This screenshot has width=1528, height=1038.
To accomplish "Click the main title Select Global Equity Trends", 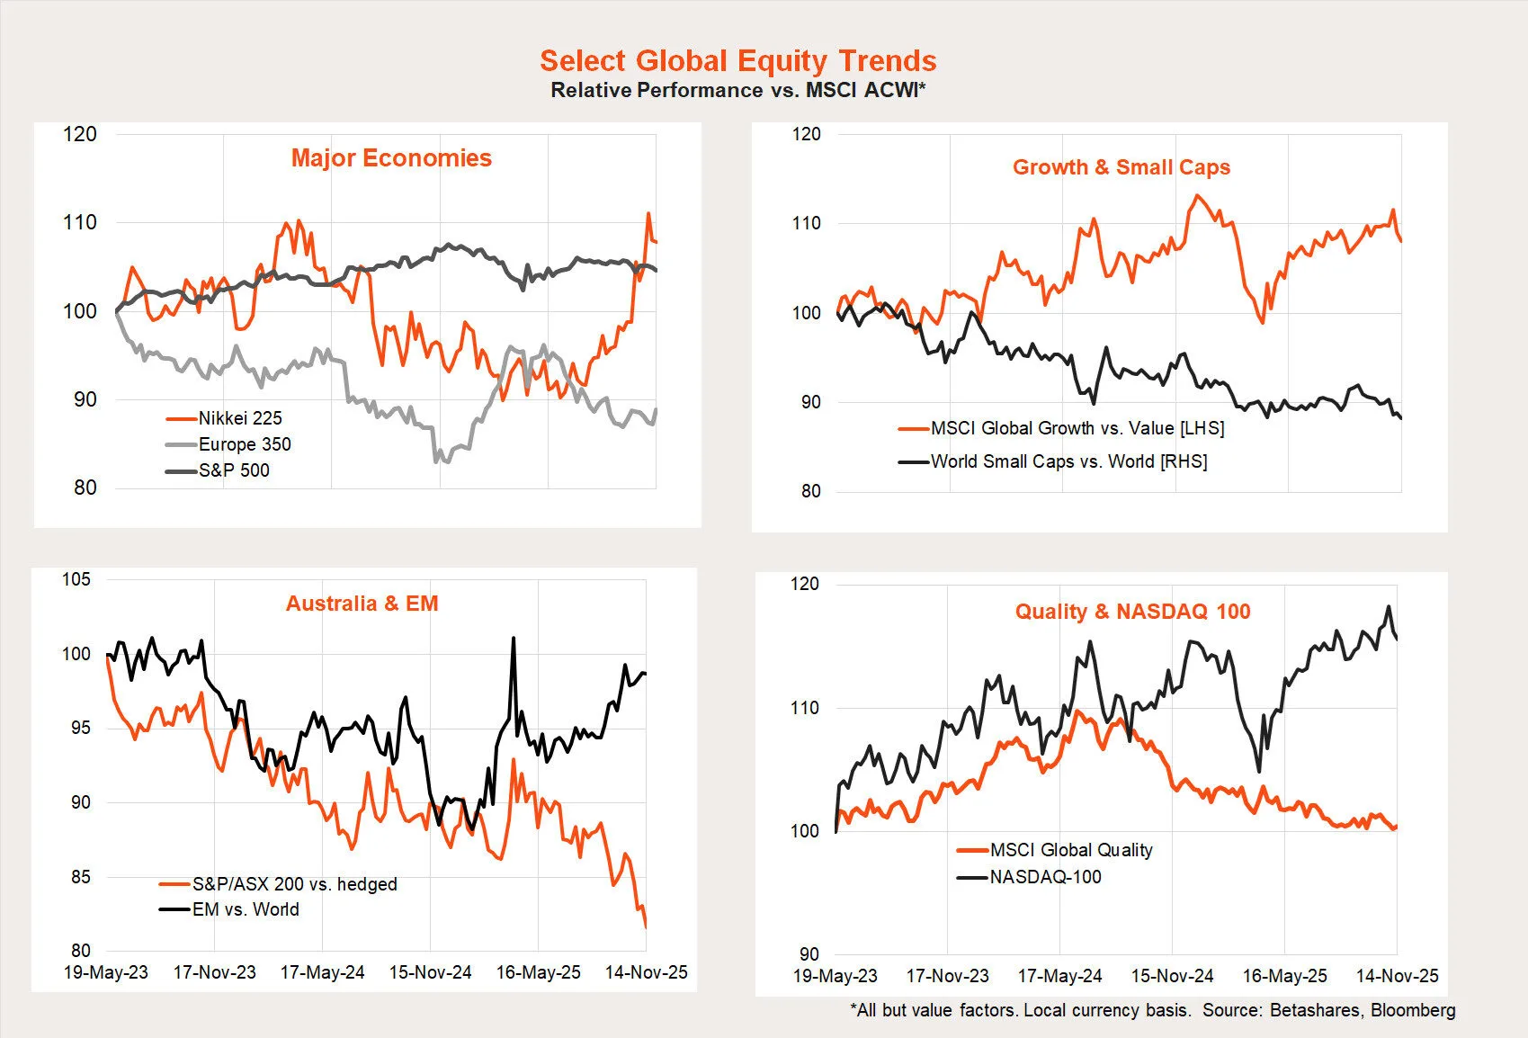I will [737, 60].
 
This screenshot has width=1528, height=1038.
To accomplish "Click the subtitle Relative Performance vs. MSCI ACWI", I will [737, 90].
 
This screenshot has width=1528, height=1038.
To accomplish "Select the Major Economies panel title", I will [391, 158].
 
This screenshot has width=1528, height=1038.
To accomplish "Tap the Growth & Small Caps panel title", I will [1121, 167].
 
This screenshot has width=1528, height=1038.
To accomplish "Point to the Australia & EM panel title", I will [362, 604].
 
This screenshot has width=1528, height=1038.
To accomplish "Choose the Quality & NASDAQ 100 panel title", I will [1132, 612].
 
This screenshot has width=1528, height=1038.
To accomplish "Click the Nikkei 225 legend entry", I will [239, 418].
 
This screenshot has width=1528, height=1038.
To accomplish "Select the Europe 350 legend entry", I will [244, 444].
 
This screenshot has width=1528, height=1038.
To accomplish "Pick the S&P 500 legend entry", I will [233, 470].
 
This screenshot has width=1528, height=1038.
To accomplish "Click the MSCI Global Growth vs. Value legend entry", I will [1077, 428].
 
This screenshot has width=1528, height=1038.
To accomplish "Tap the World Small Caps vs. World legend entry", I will [1068, 461].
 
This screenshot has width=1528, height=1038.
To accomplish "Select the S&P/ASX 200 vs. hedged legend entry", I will [294, 884].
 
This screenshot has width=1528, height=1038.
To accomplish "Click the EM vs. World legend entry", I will [245, 909].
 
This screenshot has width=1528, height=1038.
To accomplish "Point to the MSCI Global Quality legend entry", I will [1070, 850].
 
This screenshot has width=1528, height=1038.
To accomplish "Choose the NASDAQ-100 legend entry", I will [1045, 877].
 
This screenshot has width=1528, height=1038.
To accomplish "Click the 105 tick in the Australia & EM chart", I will [76, 579].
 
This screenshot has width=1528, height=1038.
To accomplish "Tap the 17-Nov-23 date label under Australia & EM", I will [214, 972].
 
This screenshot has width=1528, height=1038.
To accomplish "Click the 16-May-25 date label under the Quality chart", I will [1284, 976].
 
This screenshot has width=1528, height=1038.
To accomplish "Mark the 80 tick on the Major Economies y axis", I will [85, 488].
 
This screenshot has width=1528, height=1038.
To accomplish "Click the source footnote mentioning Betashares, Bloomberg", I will [1152, 1010].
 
